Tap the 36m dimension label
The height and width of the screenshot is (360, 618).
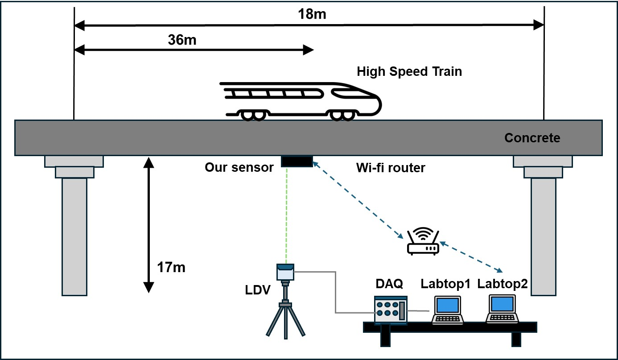click(x=182, y=40)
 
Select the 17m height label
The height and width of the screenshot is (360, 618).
click(x=171, y=268)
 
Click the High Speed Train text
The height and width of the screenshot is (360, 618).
click(x=409, y=71)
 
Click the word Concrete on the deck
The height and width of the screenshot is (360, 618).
click(x=532, y=138)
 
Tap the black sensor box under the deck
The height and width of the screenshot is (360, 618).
click(x=297, y=161)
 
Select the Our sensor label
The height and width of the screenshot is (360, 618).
click(x=239, y=168)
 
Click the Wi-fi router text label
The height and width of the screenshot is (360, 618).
click(x=391, y=168)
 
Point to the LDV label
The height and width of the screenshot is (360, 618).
click(x=258, y=290)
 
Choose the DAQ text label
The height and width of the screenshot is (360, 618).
click(x=389, y=283)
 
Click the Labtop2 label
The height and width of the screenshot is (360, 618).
click(x=503, y=283)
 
